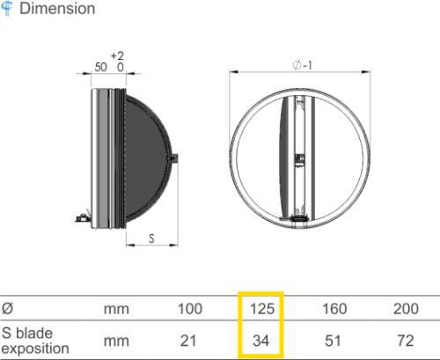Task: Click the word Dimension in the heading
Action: click(x=57, y=9)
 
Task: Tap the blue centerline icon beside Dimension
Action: click(x=7, y=8)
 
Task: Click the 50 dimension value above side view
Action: click(x=100, y=67)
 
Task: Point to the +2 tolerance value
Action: click(x=117, y=55)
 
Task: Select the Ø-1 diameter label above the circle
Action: click(x=303, y=65)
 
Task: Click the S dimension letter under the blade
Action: click(x=151, y=239)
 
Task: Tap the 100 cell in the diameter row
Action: click(x=190, y=309)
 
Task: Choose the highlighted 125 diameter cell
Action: click(x=262, y=309)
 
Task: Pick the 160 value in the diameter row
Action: click(x=334, y=309)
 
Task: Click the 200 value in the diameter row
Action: click(x=406, y=309)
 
